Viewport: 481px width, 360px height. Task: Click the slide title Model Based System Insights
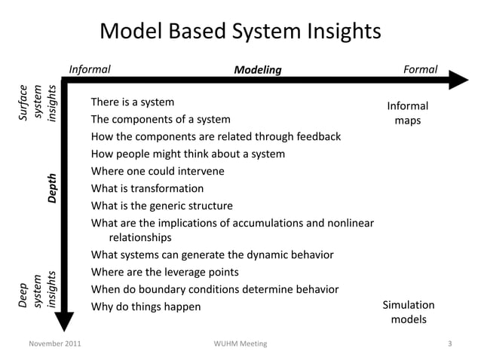click(240, 31)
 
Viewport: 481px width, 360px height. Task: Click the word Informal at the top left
click(90, 69)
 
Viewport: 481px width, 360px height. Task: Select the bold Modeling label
click(257, 70)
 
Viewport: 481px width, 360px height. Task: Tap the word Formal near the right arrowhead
click(420, 69)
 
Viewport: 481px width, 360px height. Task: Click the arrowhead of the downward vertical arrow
click(66, 320)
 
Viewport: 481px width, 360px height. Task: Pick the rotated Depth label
click(51, 188)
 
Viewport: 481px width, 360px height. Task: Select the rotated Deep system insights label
click(37, 290)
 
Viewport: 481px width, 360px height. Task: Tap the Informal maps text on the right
click(407, 113)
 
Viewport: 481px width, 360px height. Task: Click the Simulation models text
click(408, 312)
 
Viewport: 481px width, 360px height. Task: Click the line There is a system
click(132, 102)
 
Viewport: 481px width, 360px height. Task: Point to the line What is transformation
click(147, 188)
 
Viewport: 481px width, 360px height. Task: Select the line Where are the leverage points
click(164, 272)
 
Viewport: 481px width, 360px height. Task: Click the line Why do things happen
click(146, 307)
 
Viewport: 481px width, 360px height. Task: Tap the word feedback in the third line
click(316, 136)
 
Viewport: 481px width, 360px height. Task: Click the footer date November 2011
click(55, 344)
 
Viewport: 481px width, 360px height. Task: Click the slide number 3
click(449, 344)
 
